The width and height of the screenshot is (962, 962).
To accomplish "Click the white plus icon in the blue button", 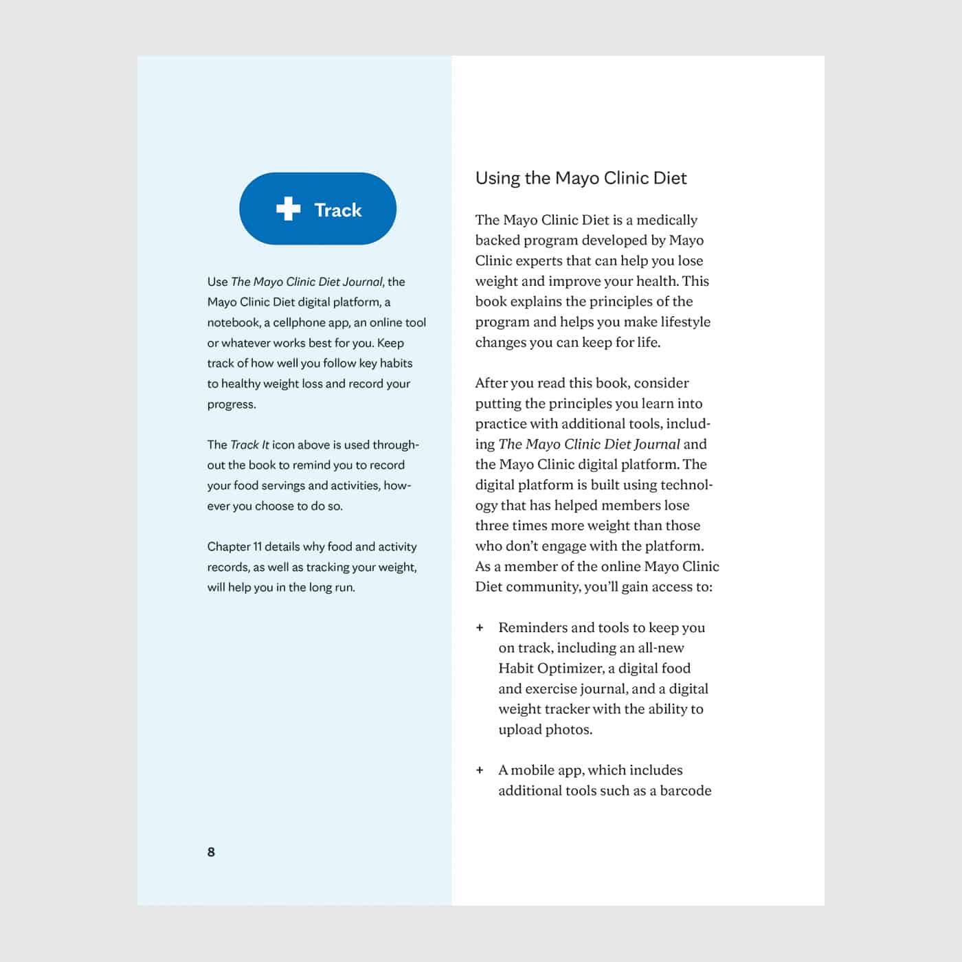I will point(288,209).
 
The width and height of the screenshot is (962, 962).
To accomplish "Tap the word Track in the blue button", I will point(337,210).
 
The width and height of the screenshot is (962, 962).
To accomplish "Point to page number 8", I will point(211,852).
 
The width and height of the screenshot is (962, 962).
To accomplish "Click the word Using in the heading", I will point(497,179).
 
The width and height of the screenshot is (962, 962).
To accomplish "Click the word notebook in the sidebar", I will point(234,322).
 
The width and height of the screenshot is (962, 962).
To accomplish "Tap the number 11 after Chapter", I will point(258,547).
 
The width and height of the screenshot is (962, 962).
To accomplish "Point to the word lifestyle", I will point(685,322).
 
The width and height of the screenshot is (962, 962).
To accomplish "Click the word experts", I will point(535,260).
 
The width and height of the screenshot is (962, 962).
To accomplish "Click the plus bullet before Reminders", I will point(480,627).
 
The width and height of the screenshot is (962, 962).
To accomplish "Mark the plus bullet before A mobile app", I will point(480,770).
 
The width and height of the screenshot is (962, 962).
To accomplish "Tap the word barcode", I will point(685,791).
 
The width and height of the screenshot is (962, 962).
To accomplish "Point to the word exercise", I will point(551,689).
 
